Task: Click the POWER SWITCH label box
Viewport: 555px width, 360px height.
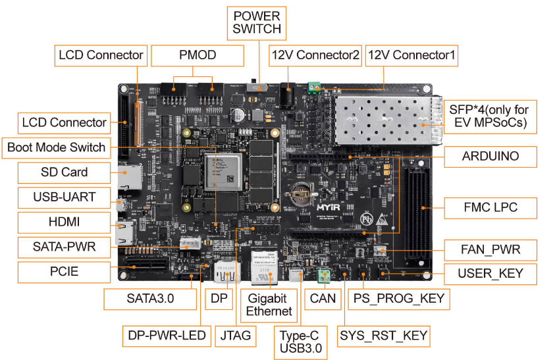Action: coord(257,22)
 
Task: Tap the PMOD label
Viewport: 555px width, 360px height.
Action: coord(198,55)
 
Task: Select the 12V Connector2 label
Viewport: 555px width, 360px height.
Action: coord(315,55)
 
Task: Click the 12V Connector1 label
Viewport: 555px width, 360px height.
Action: coord(411,55)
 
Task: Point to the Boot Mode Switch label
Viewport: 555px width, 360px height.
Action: coord(56,147)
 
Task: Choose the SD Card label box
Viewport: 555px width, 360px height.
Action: coord(63,172)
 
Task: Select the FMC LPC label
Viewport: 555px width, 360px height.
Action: coord(490,207)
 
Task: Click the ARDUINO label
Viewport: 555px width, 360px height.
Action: coord(490,156)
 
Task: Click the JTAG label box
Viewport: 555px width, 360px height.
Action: coord(236,335)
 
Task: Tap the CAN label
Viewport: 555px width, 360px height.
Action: coord(323,298)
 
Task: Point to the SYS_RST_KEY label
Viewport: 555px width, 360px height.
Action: coord(384,336)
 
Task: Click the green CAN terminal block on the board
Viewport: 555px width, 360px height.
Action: coord(323,275)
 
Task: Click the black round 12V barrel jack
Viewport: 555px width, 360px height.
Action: coord(286,95)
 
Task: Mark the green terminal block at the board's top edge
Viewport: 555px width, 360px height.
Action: coord(315,86)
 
